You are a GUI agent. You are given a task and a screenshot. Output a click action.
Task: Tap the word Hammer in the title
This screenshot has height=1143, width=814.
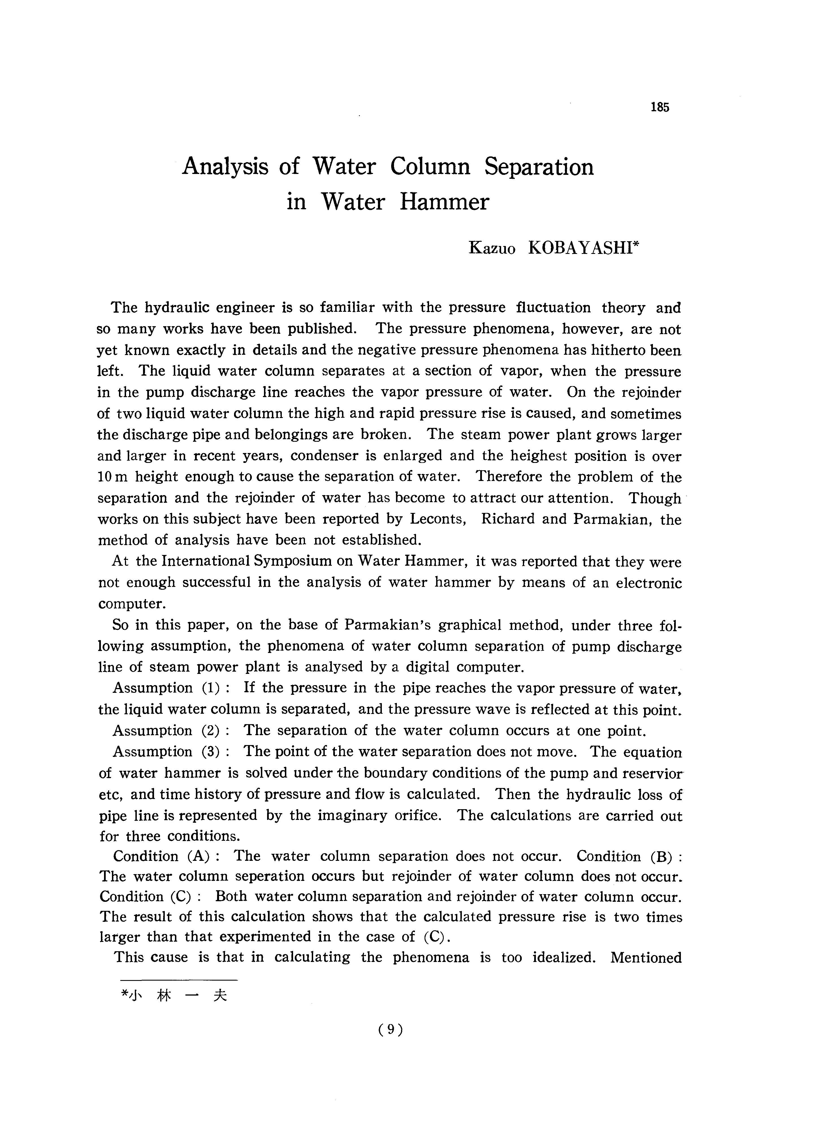point(444,202)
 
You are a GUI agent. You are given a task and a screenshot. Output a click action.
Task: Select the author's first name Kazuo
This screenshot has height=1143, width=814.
point(492,249)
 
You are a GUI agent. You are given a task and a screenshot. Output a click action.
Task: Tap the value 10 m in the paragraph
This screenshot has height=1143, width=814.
point(112,477)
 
